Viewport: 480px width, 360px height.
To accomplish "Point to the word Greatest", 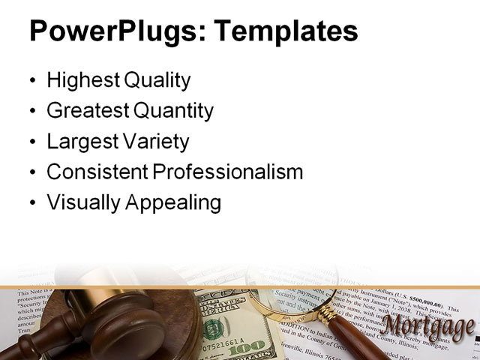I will [88, 111].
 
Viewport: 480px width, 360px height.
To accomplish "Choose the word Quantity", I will [173, 111].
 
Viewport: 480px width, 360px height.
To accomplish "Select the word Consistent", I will [97, 172].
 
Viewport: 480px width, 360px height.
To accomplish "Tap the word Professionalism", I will [228, 172].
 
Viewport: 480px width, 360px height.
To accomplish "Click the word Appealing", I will [178, 203].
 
